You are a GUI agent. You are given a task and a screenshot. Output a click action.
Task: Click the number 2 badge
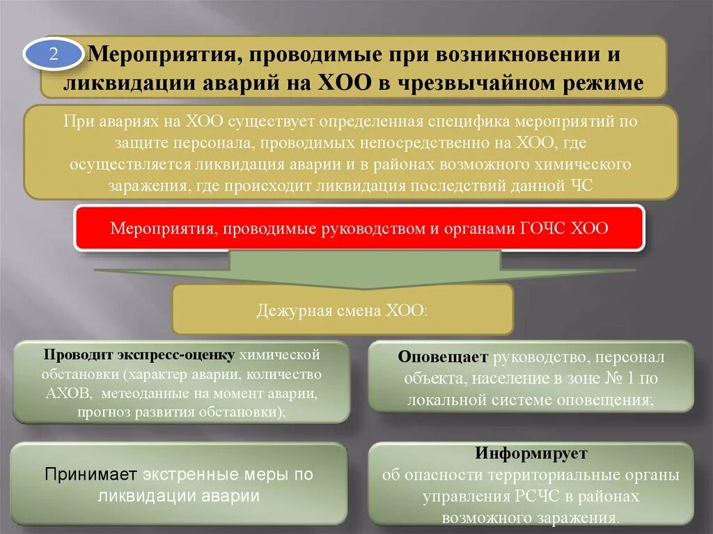(x=54, y=56)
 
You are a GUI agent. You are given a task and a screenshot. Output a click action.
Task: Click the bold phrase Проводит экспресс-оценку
(x=139, y=355)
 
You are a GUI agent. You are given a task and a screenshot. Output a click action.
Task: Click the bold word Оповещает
(x=444, y=358)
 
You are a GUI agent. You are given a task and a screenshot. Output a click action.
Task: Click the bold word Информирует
(x=531, y=454)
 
